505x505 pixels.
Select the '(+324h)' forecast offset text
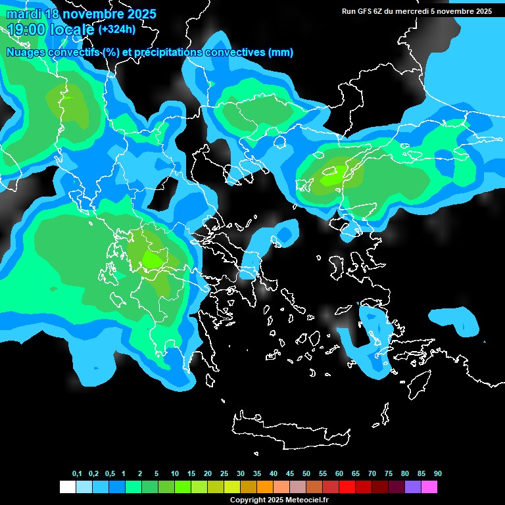coord(118,30)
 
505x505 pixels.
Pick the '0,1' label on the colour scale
coord(77,474)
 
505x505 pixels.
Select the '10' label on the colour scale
coord(175,474)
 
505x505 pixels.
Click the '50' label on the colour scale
coord(306,474)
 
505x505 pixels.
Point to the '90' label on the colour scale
coord(438,474)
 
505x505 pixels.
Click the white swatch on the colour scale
coord(67,487)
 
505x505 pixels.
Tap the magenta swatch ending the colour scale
coord(429,487)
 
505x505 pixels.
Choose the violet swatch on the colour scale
coord(412,487)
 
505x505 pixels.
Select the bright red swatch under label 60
coord(347,487)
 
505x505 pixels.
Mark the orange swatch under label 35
coord(264,487)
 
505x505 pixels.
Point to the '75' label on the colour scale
coord(389,474)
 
